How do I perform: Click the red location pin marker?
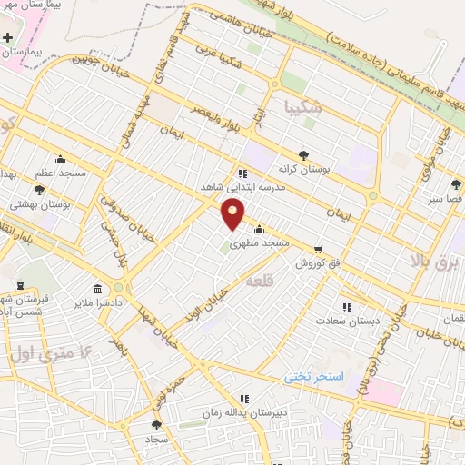233,214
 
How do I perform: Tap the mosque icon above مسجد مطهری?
260,229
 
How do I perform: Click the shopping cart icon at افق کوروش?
318,249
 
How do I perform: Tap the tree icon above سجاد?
156,424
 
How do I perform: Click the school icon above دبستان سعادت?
345,307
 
